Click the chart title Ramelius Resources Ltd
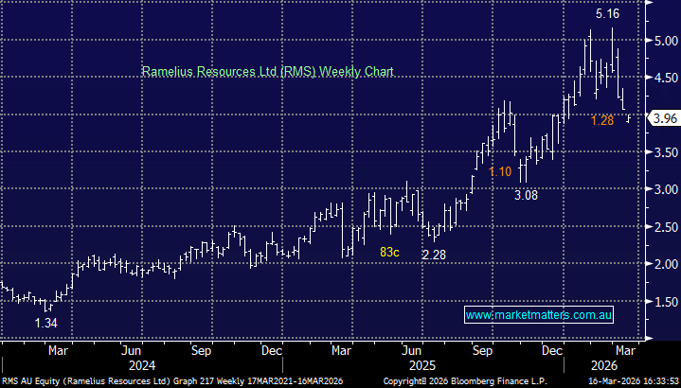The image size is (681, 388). pos(267,71)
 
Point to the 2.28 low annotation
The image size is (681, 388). pos(433,255)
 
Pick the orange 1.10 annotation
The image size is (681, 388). pos(500,171)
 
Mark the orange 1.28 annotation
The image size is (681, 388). pos(603,120)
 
